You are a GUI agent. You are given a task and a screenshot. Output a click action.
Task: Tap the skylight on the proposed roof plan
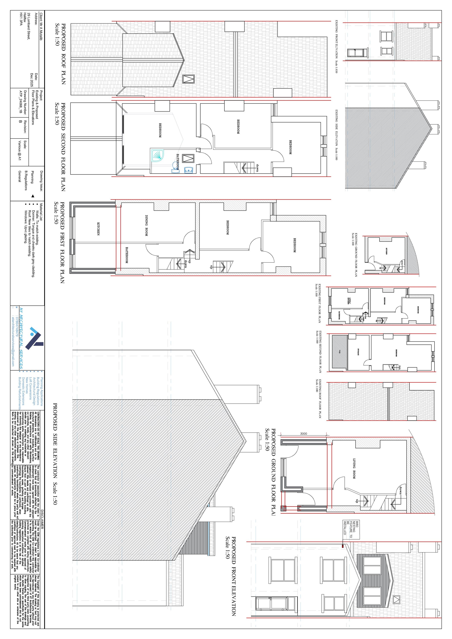pos(189,79)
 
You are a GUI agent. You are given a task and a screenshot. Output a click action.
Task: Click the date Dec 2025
pos(32,80)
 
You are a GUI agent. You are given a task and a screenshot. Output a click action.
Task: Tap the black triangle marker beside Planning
pos(33,196)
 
